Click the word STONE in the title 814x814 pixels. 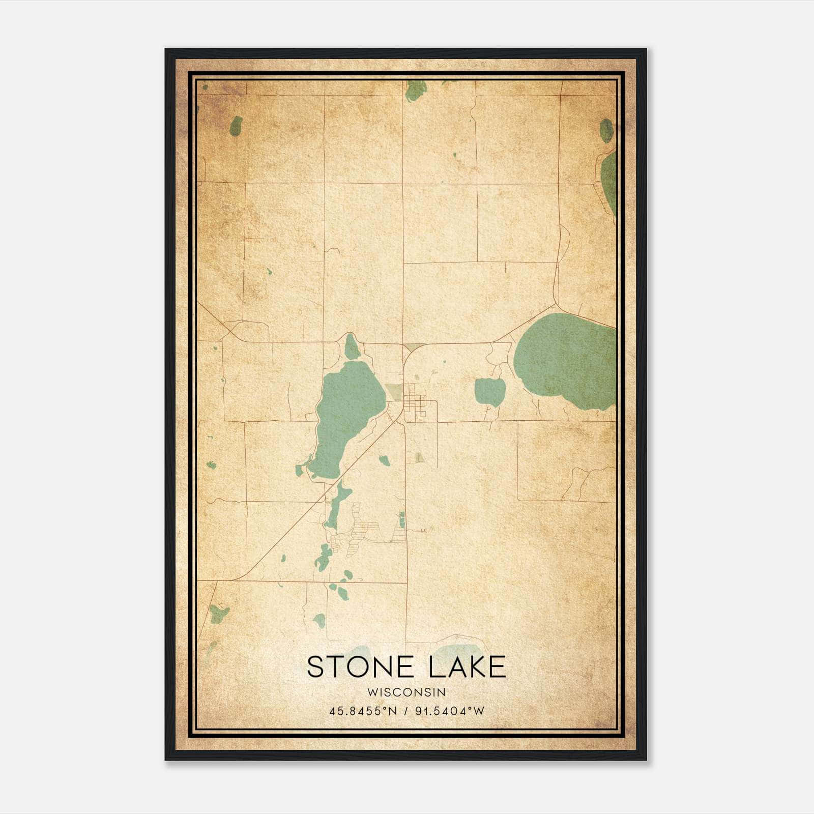[363, 667]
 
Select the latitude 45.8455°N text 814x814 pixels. [362, 711]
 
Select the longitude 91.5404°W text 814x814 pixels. [450, 711]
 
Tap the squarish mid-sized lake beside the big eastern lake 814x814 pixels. [490, 391]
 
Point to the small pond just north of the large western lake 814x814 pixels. [351, 347]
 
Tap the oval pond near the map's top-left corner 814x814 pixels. [236, 126]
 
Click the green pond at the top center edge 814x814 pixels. [416, 91]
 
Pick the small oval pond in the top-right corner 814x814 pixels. [606, 131]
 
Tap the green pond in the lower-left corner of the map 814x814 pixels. [219, 614]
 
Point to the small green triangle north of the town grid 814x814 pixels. [413, 347]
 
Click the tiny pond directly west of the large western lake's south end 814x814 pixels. [299, 471]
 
